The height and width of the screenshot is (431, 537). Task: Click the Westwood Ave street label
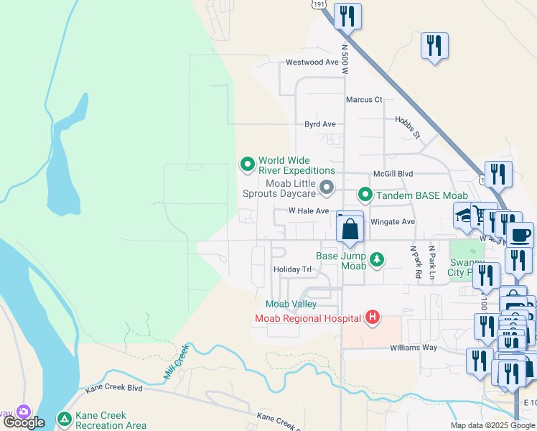point(312,62)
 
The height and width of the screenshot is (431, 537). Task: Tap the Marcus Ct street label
point(364,100)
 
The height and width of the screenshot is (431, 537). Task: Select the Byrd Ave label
point(319,124)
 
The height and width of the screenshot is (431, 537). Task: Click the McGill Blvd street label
point(393,174)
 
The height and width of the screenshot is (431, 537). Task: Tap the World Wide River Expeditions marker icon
point(248,165)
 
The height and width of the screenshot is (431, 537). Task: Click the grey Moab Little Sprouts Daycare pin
point(327,188)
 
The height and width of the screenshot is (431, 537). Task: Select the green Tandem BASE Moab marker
point(365,195)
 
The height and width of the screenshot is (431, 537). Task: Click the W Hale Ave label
point(308,211)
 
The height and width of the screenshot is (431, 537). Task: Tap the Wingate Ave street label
point(393,222)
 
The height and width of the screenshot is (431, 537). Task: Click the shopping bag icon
point(350,230)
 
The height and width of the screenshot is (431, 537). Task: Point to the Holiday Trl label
point(292,269)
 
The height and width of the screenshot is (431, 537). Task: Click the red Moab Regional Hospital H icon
point(372,317)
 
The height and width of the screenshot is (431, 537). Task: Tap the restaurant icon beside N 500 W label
point(347,16)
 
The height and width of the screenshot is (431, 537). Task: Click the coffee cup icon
point(520,234)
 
